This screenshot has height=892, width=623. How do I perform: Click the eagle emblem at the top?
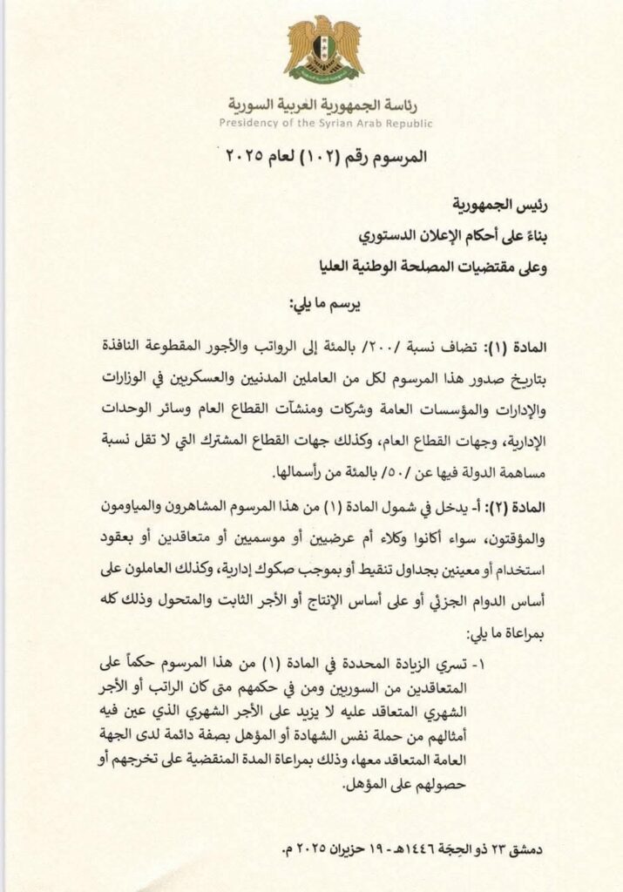tap(324, 49)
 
